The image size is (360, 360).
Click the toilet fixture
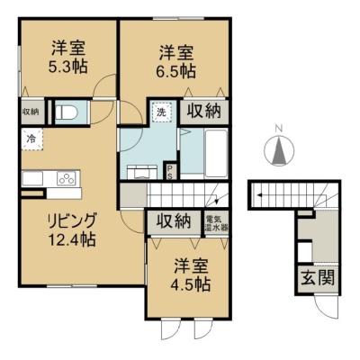pos(67,112)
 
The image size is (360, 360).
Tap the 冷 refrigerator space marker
pos(32,139)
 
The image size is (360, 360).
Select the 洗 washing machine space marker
pos(162,112)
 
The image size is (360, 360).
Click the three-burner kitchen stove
pos(67,179)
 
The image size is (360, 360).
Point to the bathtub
pos(216,153)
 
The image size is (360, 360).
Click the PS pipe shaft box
pos(169,172)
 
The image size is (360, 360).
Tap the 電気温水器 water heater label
pos(217,223)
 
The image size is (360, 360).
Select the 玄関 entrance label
pos(318,278)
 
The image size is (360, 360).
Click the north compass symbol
pos(279,149)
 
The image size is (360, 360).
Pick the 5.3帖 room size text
pos(68,67)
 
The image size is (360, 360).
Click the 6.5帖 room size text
pos(177,71)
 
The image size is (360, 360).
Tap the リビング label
pos(72,220)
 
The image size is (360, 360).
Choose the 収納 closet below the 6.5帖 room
pos(204,112)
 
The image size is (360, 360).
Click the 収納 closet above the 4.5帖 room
pos(174,222)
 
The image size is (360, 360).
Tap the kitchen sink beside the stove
pos(32,179)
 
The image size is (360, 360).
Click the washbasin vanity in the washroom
pos(141,172)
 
